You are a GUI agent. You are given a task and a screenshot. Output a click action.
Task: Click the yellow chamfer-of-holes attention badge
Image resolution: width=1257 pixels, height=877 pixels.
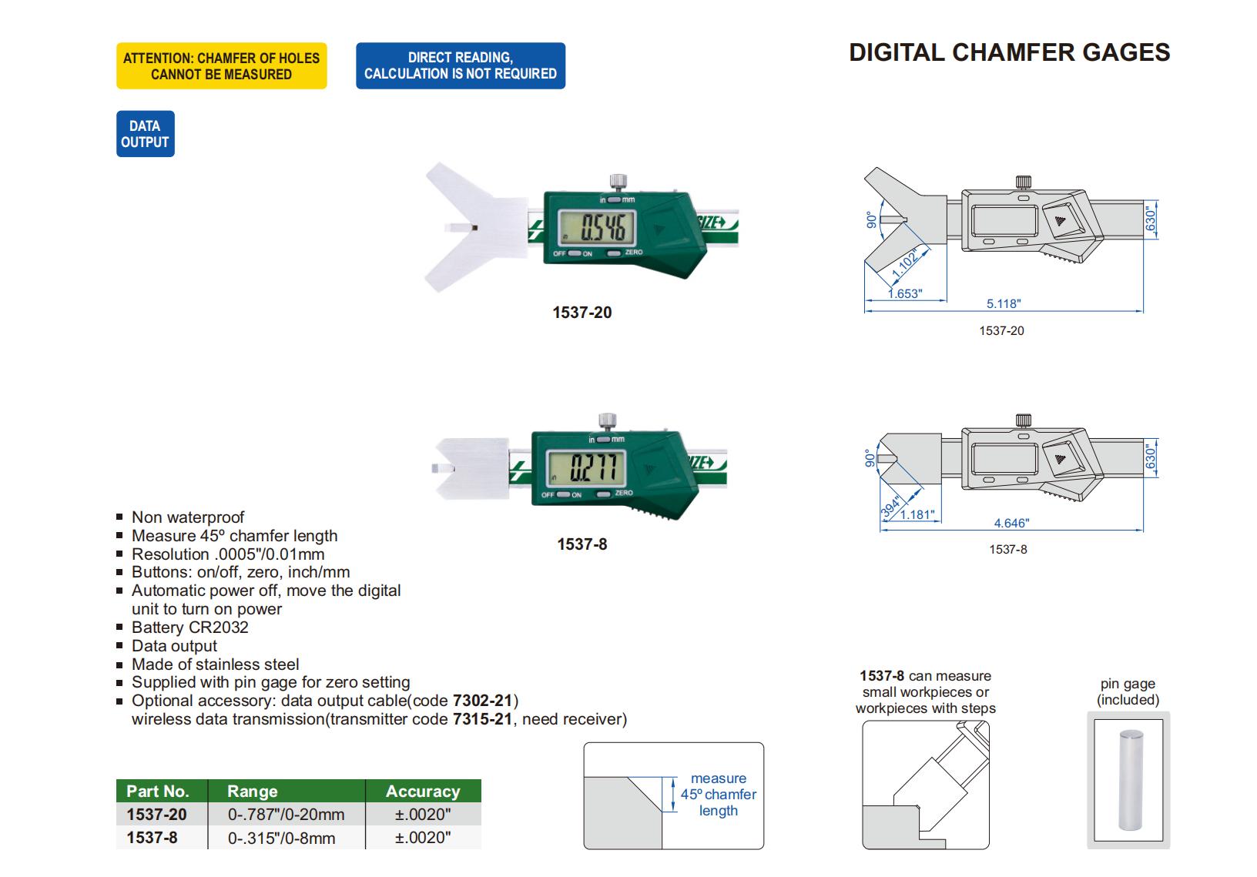tap(221, 66)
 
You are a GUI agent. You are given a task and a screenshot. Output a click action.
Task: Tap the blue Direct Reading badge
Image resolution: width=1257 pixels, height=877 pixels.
tap(460, 66)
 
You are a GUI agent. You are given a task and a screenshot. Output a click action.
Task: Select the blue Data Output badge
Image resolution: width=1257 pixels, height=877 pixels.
tap(145, 134)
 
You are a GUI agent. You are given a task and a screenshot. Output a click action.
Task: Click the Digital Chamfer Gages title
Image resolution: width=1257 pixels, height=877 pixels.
tap(1009, 52)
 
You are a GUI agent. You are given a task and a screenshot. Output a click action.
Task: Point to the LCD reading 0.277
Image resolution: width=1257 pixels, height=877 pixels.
tap(592, 467)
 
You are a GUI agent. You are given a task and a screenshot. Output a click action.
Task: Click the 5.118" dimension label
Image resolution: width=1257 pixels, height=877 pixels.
tap(1003, 303)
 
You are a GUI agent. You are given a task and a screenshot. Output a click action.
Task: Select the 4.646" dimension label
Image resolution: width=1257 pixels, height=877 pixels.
tap(1011, 523)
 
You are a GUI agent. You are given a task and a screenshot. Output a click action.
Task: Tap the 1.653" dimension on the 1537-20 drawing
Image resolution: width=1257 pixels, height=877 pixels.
tap(904, 293)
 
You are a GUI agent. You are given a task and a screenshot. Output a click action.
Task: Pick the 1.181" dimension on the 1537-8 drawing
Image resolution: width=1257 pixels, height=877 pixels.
tap(917, 514)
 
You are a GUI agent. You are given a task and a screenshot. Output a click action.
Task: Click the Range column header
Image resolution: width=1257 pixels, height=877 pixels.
tap(253, 792)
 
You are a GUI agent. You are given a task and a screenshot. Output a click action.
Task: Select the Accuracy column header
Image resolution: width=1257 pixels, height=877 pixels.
tap(423, 792)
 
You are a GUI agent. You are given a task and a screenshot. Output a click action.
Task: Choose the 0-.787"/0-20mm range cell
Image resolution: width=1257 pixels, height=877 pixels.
tap(286, 815)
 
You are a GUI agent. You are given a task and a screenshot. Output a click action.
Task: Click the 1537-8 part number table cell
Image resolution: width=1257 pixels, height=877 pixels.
tap(152, 838)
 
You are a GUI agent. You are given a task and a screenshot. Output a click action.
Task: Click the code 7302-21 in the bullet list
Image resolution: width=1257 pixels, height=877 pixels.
tap(482, 701)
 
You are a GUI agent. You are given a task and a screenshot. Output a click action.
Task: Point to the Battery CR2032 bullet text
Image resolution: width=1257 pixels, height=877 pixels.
tap(190, 628)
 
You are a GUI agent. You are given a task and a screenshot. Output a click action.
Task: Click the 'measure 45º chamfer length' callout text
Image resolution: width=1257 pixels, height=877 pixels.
tap(718, 795)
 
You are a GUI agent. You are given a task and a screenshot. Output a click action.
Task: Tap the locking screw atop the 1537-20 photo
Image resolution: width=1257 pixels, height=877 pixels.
tap(618, 182)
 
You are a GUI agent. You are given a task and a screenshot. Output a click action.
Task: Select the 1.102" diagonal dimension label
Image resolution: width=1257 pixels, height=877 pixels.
tap(906, 264)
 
